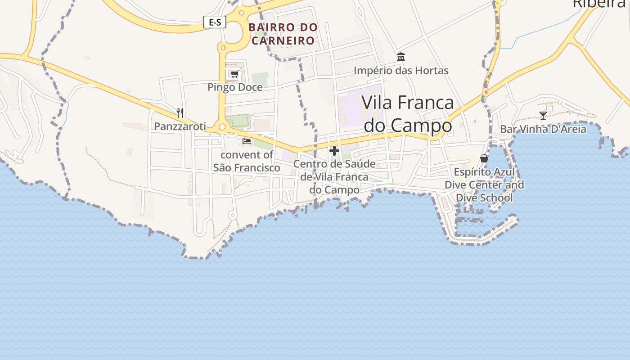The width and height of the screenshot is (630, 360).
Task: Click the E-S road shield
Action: click(x=215, y=22)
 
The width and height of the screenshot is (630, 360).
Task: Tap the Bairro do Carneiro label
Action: click(x=283, y=34)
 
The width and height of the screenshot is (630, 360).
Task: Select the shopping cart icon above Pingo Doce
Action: click(x=234, y=74)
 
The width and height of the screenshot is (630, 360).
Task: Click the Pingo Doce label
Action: click(x=235, y=87)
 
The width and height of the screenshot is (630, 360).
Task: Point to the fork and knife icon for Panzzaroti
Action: click(x=180, y=112)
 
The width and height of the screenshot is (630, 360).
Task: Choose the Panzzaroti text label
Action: click(x=180, y=126)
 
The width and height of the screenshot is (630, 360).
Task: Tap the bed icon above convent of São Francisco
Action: click(x=246, y=141)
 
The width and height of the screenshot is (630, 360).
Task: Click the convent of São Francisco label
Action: click(x=247, y=161)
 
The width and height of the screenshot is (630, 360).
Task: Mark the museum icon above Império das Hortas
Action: click(x=401, y=57)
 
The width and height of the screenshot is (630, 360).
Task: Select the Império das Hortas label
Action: click(x=401, y=71)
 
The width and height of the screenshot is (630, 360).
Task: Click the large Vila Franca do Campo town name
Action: click(x=408, y=114)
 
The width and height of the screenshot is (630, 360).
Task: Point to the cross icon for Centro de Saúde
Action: click(x=334, y=151)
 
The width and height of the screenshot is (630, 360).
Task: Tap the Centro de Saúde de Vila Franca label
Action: click(x=334, y=177)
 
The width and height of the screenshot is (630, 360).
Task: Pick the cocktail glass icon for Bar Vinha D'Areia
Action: click(x=543, y=116)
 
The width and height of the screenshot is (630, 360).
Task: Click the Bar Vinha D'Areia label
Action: click(x=543, y=130)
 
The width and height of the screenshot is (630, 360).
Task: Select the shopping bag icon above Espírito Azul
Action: click(x=484, y=158)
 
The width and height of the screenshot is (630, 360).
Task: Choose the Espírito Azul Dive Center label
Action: click(x=484, y=185)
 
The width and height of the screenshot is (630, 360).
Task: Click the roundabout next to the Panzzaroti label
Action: click(x=221, y=127)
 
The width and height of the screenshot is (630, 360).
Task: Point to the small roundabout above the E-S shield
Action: click(x=241, y=13)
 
